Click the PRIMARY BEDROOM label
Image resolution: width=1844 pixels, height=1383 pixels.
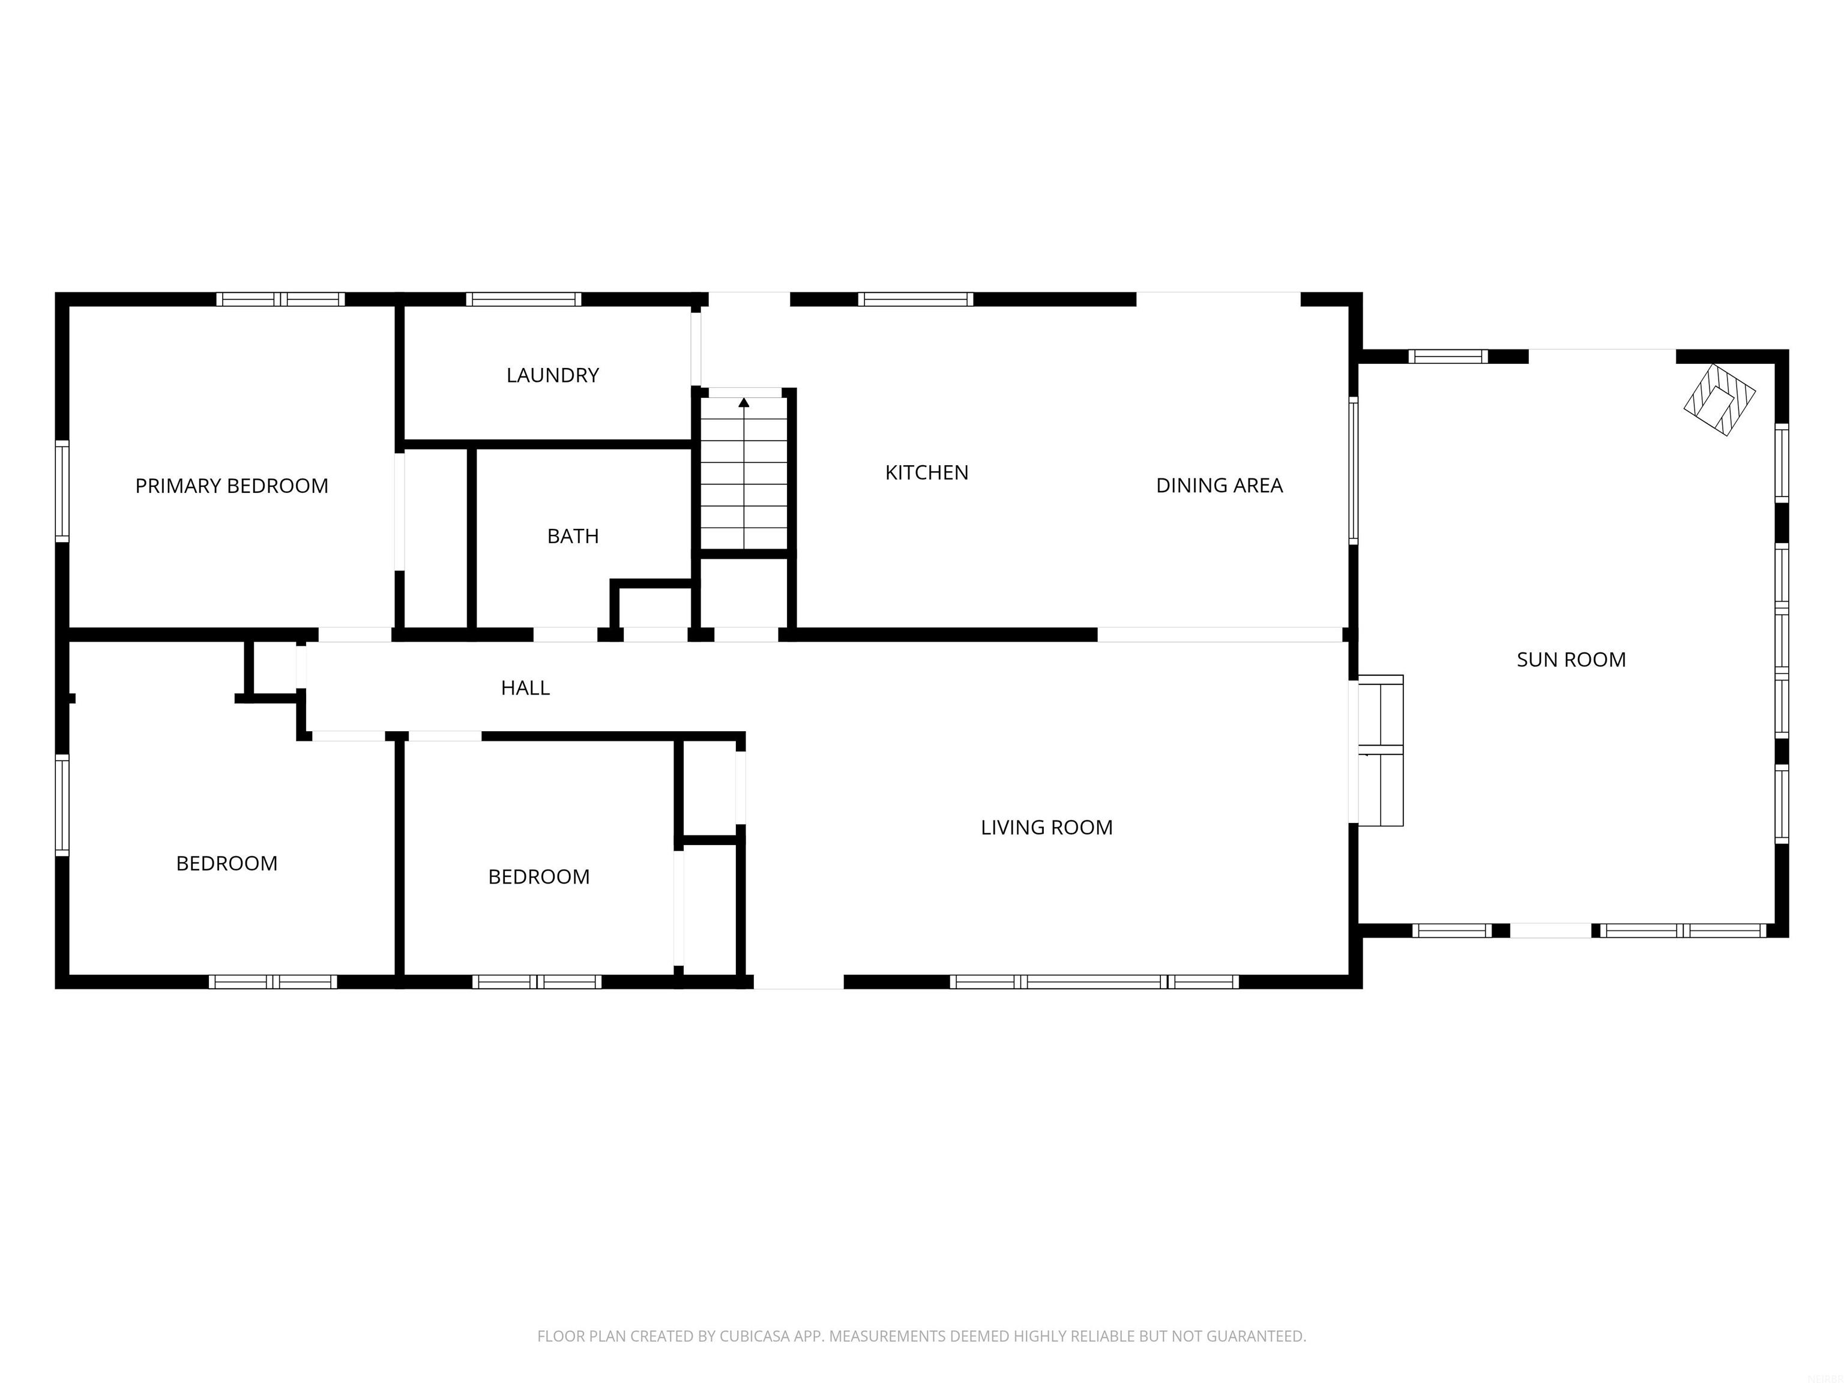click(232, 486)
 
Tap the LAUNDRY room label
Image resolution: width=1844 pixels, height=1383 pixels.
click(553, 375)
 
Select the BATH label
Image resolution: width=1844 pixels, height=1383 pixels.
click(573, 536)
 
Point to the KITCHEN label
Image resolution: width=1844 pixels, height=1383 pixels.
click(926, 472)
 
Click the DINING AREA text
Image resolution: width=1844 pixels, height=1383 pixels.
click(1219, 485)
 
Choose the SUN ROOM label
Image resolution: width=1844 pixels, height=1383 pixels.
click(1570, 660)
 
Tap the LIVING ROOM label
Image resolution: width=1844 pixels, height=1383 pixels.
click(1046, 827)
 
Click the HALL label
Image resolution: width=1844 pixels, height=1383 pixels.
click(525, 688)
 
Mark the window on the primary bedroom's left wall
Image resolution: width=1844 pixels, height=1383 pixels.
click(62, 491)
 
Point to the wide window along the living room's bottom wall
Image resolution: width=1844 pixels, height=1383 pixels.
click(1094, 982)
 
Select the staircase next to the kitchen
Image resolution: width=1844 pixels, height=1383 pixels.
click(744, 474)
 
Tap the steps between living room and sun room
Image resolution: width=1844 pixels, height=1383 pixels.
click(1381, 750)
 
